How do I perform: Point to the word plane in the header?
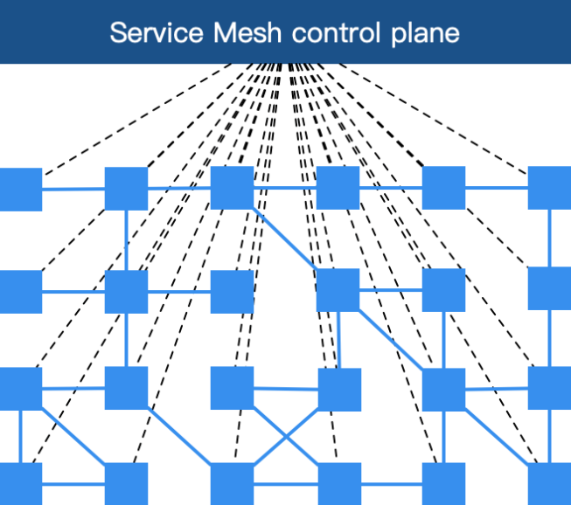(x=422, y=33)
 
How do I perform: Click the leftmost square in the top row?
(x=20, y=189)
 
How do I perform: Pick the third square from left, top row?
(x=232, y=188)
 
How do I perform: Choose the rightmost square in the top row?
(x=550, y=188)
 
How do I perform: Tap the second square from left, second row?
(x=126, y=292)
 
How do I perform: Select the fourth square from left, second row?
(x=338, y=290)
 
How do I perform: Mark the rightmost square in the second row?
(x=550, y=288)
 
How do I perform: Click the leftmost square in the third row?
(x=20, y=389)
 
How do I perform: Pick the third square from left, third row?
(x=232, y=388)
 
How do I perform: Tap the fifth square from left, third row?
(x=443, y=390)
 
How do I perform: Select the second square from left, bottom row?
(x=126, y=484)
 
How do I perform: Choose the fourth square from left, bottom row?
(x=338, y=484)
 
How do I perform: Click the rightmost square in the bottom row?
(x=550, y=484)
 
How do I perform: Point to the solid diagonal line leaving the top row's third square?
(x=285, y=239)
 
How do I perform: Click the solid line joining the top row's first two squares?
(x=73, y=189)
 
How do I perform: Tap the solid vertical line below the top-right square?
(x=550, y=238)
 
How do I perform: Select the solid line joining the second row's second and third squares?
(x=179, y=292)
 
